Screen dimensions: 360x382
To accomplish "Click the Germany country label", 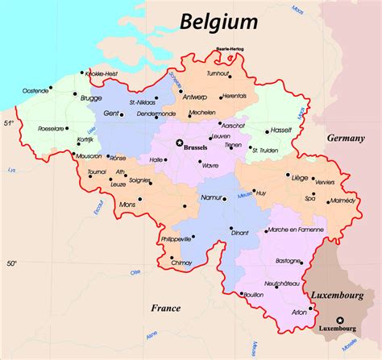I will point(345,139).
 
